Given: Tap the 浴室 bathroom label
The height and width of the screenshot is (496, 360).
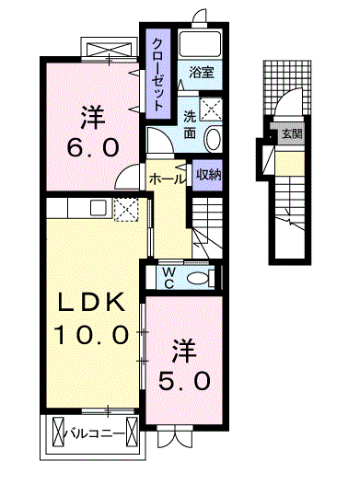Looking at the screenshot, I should coord(203,71).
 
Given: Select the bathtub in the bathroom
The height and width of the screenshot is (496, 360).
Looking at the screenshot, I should coord(200,43).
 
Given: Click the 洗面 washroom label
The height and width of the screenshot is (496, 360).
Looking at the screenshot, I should coord(189,124).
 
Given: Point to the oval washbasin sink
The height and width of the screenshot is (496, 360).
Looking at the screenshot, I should coord(213,139).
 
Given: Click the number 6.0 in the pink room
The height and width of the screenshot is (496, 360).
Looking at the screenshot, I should coord(90,147).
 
